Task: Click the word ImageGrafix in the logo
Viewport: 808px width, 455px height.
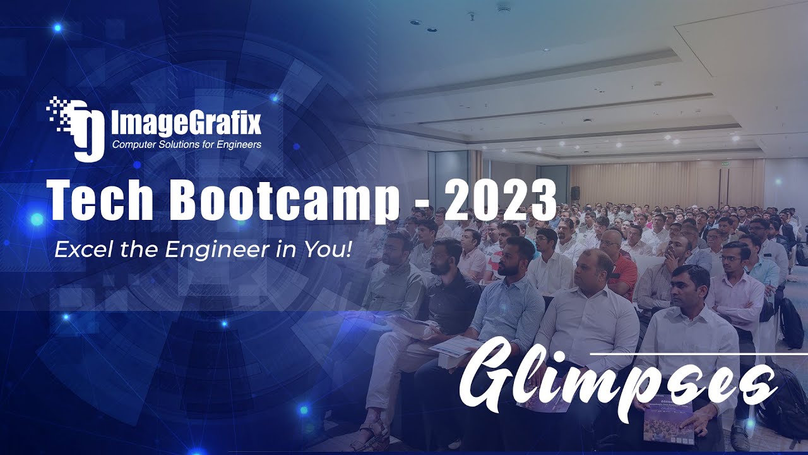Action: click(186, 123)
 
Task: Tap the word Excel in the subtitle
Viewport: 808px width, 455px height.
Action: click(76, 249)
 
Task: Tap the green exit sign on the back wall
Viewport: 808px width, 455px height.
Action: click(727, 164)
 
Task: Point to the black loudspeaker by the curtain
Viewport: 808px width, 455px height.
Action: click(575, 193)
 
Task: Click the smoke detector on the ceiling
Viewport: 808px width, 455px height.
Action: click(503, 8)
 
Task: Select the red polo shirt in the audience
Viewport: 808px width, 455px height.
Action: click(625, 275)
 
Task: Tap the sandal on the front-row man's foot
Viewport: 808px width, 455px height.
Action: click(372, 436)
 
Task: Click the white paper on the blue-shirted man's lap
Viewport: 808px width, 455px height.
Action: click(454, 345)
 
